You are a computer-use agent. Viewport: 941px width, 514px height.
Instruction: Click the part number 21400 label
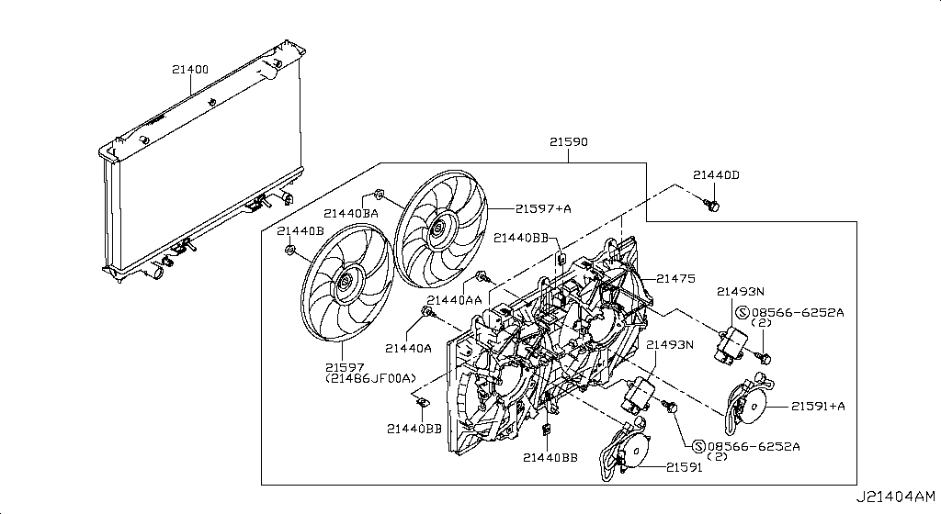(189, 69)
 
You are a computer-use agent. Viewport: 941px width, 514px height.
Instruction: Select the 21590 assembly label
(569, 142)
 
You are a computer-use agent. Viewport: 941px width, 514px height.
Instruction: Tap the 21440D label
(716, 174)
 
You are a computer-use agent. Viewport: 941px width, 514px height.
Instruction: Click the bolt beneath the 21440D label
(709, 203)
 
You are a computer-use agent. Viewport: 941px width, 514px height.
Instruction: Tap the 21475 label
(675, 278)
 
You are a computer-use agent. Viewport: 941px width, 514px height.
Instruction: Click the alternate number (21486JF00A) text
(369, 378)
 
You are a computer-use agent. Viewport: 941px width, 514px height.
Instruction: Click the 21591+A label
(818, 404)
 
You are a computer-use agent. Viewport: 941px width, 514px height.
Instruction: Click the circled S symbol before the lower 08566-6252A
(700, 447)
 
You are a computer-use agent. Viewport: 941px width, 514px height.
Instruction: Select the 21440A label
(407, 348)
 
